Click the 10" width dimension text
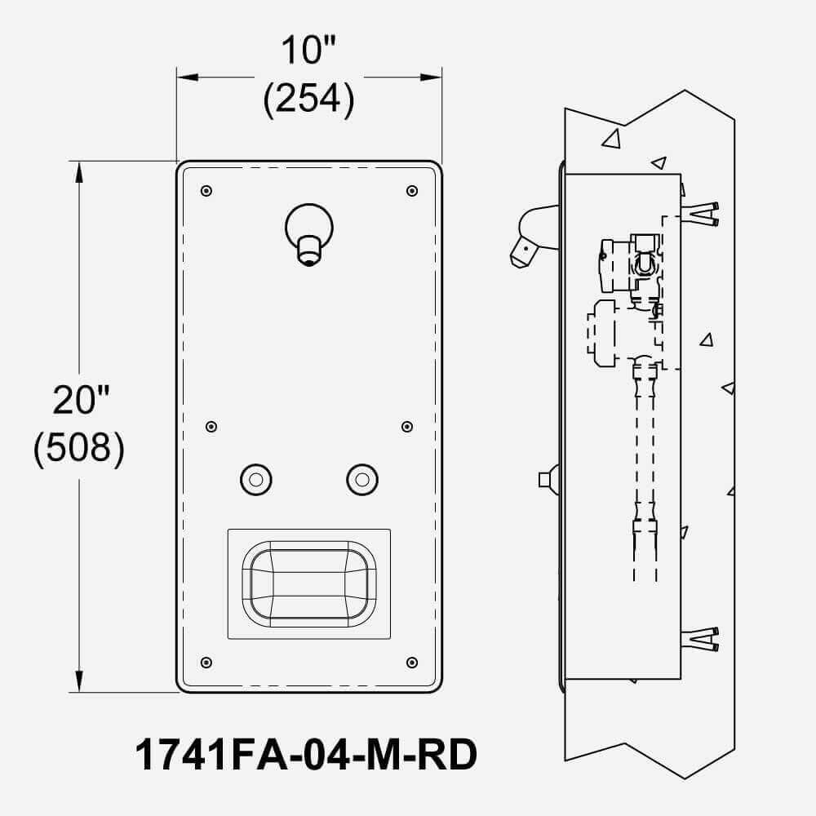pos(308,51)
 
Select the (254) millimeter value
pos(308,99)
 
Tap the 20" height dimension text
pos(81,400)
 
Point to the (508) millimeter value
pos(79,447)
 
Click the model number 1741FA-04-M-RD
pos(306,755)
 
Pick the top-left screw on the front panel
pos(206,191)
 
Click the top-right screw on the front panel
pos(412,191)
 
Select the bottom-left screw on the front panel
pos(206,663)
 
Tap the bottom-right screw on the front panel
pos(412,663)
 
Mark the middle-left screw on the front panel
pos(211,427)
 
